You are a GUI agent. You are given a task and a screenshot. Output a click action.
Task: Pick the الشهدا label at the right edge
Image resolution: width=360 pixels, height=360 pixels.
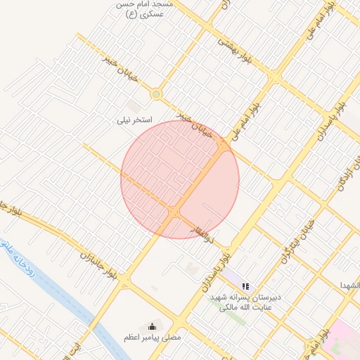(x=349, y=286)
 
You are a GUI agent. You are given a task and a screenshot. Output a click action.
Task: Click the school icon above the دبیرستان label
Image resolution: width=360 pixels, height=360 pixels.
(x=245, y=286)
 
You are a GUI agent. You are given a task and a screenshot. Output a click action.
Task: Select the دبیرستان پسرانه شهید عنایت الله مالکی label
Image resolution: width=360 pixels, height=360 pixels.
(x=247, y=302)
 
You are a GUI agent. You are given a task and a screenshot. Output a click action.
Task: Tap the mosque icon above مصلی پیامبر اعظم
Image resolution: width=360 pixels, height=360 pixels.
(x=151, y=326)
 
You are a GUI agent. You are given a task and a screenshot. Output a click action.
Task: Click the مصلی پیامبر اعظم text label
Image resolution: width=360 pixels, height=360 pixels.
(x=151, y=338)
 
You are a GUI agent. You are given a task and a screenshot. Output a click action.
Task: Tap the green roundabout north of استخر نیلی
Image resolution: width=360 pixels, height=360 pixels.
(x=156, y=94)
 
